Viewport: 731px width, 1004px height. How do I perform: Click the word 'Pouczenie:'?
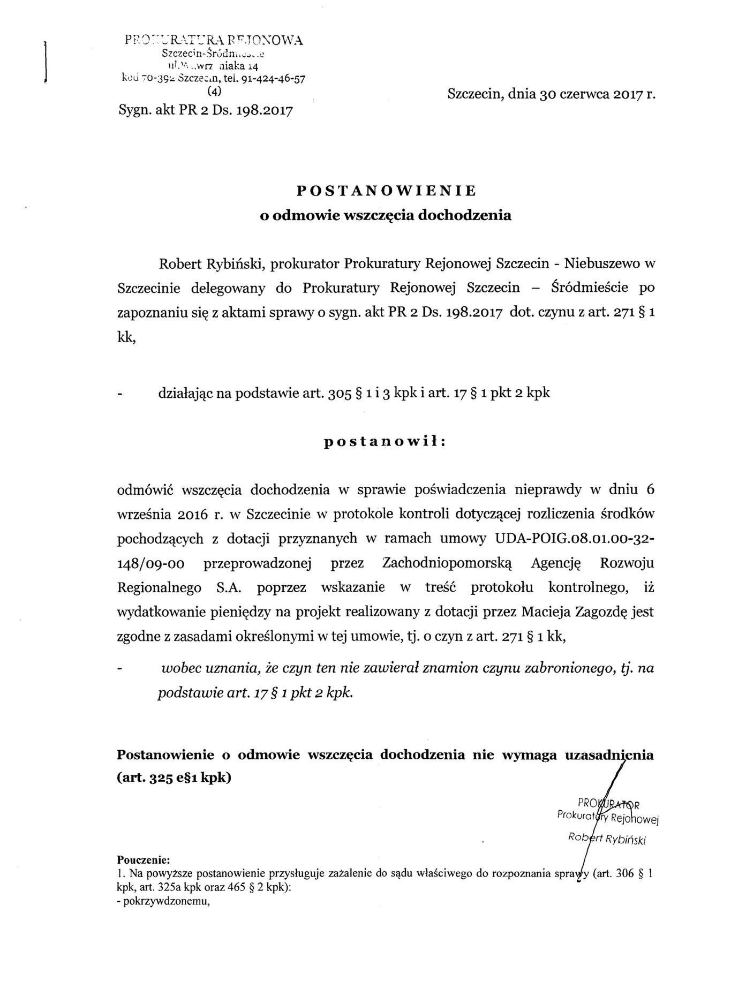click(143, 860)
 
